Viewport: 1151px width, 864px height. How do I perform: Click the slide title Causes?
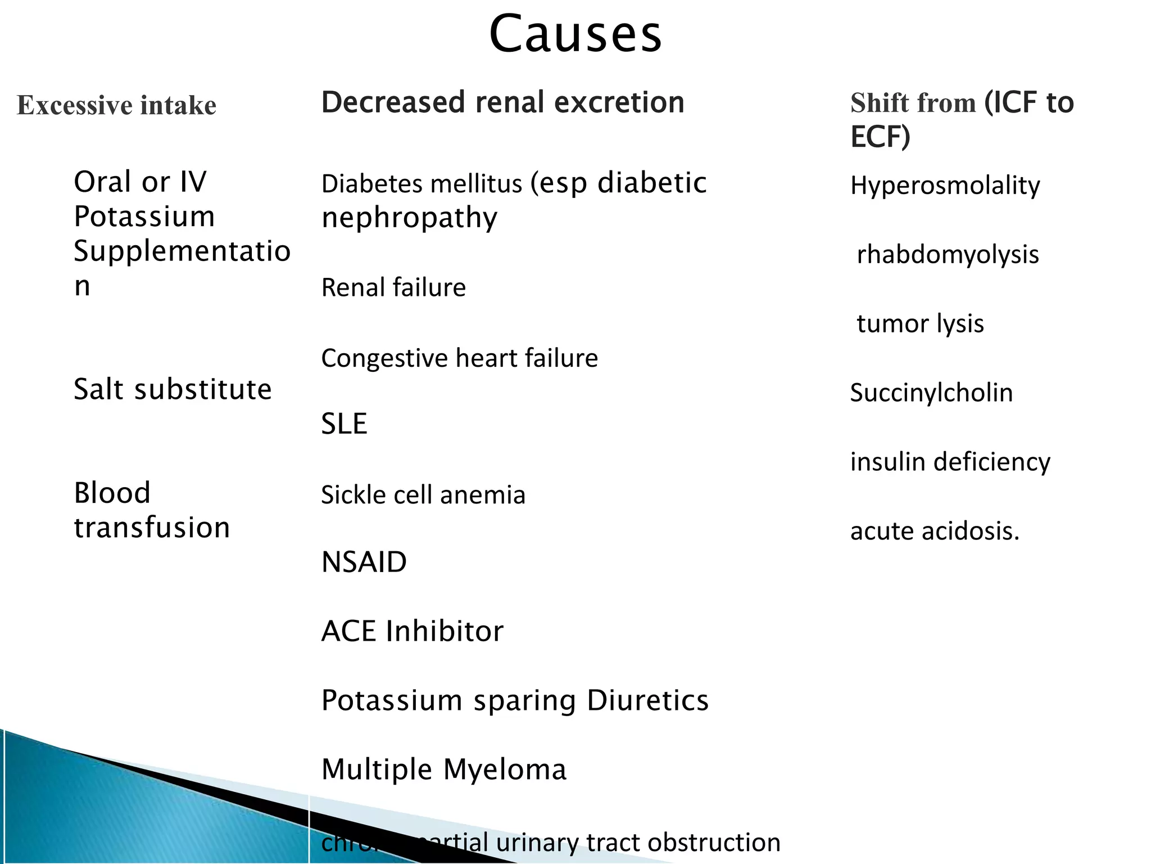tap(575, 35)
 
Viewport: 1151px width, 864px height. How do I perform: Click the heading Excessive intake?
tap(116, 105)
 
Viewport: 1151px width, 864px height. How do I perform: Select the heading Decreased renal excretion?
tap(502, 102)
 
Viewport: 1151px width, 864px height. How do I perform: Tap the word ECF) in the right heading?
tap(880, 137)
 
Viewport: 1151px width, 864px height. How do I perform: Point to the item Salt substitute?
tap(173, 389)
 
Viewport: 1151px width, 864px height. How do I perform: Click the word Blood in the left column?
tap(112, 493)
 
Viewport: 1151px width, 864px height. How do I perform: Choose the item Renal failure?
tap(393, 287)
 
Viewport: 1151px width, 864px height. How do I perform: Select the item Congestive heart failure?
tap(459, 358)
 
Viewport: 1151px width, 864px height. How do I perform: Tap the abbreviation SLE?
tap(344, 424)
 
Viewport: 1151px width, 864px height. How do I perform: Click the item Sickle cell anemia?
tap(423, 495)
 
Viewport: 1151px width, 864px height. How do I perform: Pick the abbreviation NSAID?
tap(364, 562)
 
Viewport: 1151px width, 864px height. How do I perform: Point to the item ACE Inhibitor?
tap(412, 631)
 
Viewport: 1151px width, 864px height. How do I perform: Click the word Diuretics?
tap(647, 700)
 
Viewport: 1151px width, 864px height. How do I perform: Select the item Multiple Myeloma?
tap(443, 769)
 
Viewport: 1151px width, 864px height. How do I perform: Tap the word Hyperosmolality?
tap(945, 186)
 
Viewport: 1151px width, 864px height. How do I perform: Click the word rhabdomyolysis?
tap(948, 255)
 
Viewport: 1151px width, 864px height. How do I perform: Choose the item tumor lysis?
tap(920, 324)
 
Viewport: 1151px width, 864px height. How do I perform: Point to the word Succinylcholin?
tap(931, 393)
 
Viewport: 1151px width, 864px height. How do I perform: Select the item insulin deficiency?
tap(950, 462)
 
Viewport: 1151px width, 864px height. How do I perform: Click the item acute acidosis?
tap(935, 531)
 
